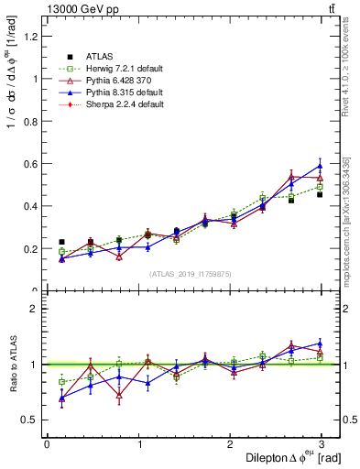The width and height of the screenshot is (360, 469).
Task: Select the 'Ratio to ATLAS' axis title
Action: point(12,365)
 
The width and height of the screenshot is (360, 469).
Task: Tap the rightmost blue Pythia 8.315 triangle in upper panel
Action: point(320,166)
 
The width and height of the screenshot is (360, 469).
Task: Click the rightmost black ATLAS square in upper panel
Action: point(320,194)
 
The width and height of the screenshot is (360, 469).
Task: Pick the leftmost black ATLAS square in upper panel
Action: point(61,242)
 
